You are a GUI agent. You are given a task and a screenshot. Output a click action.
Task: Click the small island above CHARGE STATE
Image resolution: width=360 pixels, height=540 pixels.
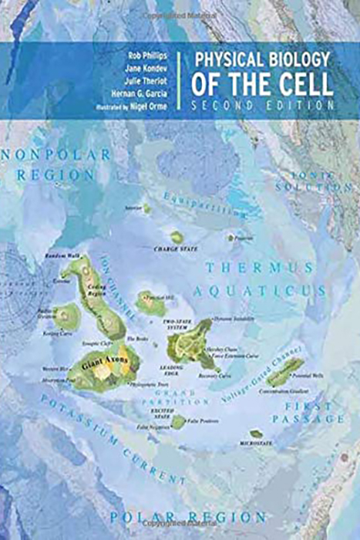click(177, 237)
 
